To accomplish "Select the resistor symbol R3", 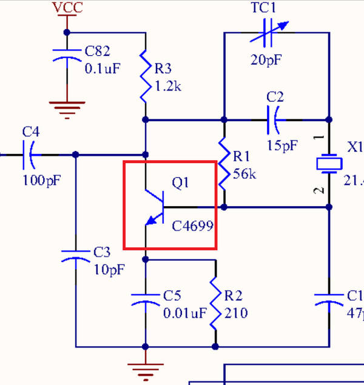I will point(146,76).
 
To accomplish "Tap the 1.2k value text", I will point(167,85).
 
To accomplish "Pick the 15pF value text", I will point(282,146).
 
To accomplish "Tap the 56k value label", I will point(244,175).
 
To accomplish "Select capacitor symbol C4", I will point(29,155).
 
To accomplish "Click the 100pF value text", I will point(41,181).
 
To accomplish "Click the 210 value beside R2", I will point(235,313).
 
